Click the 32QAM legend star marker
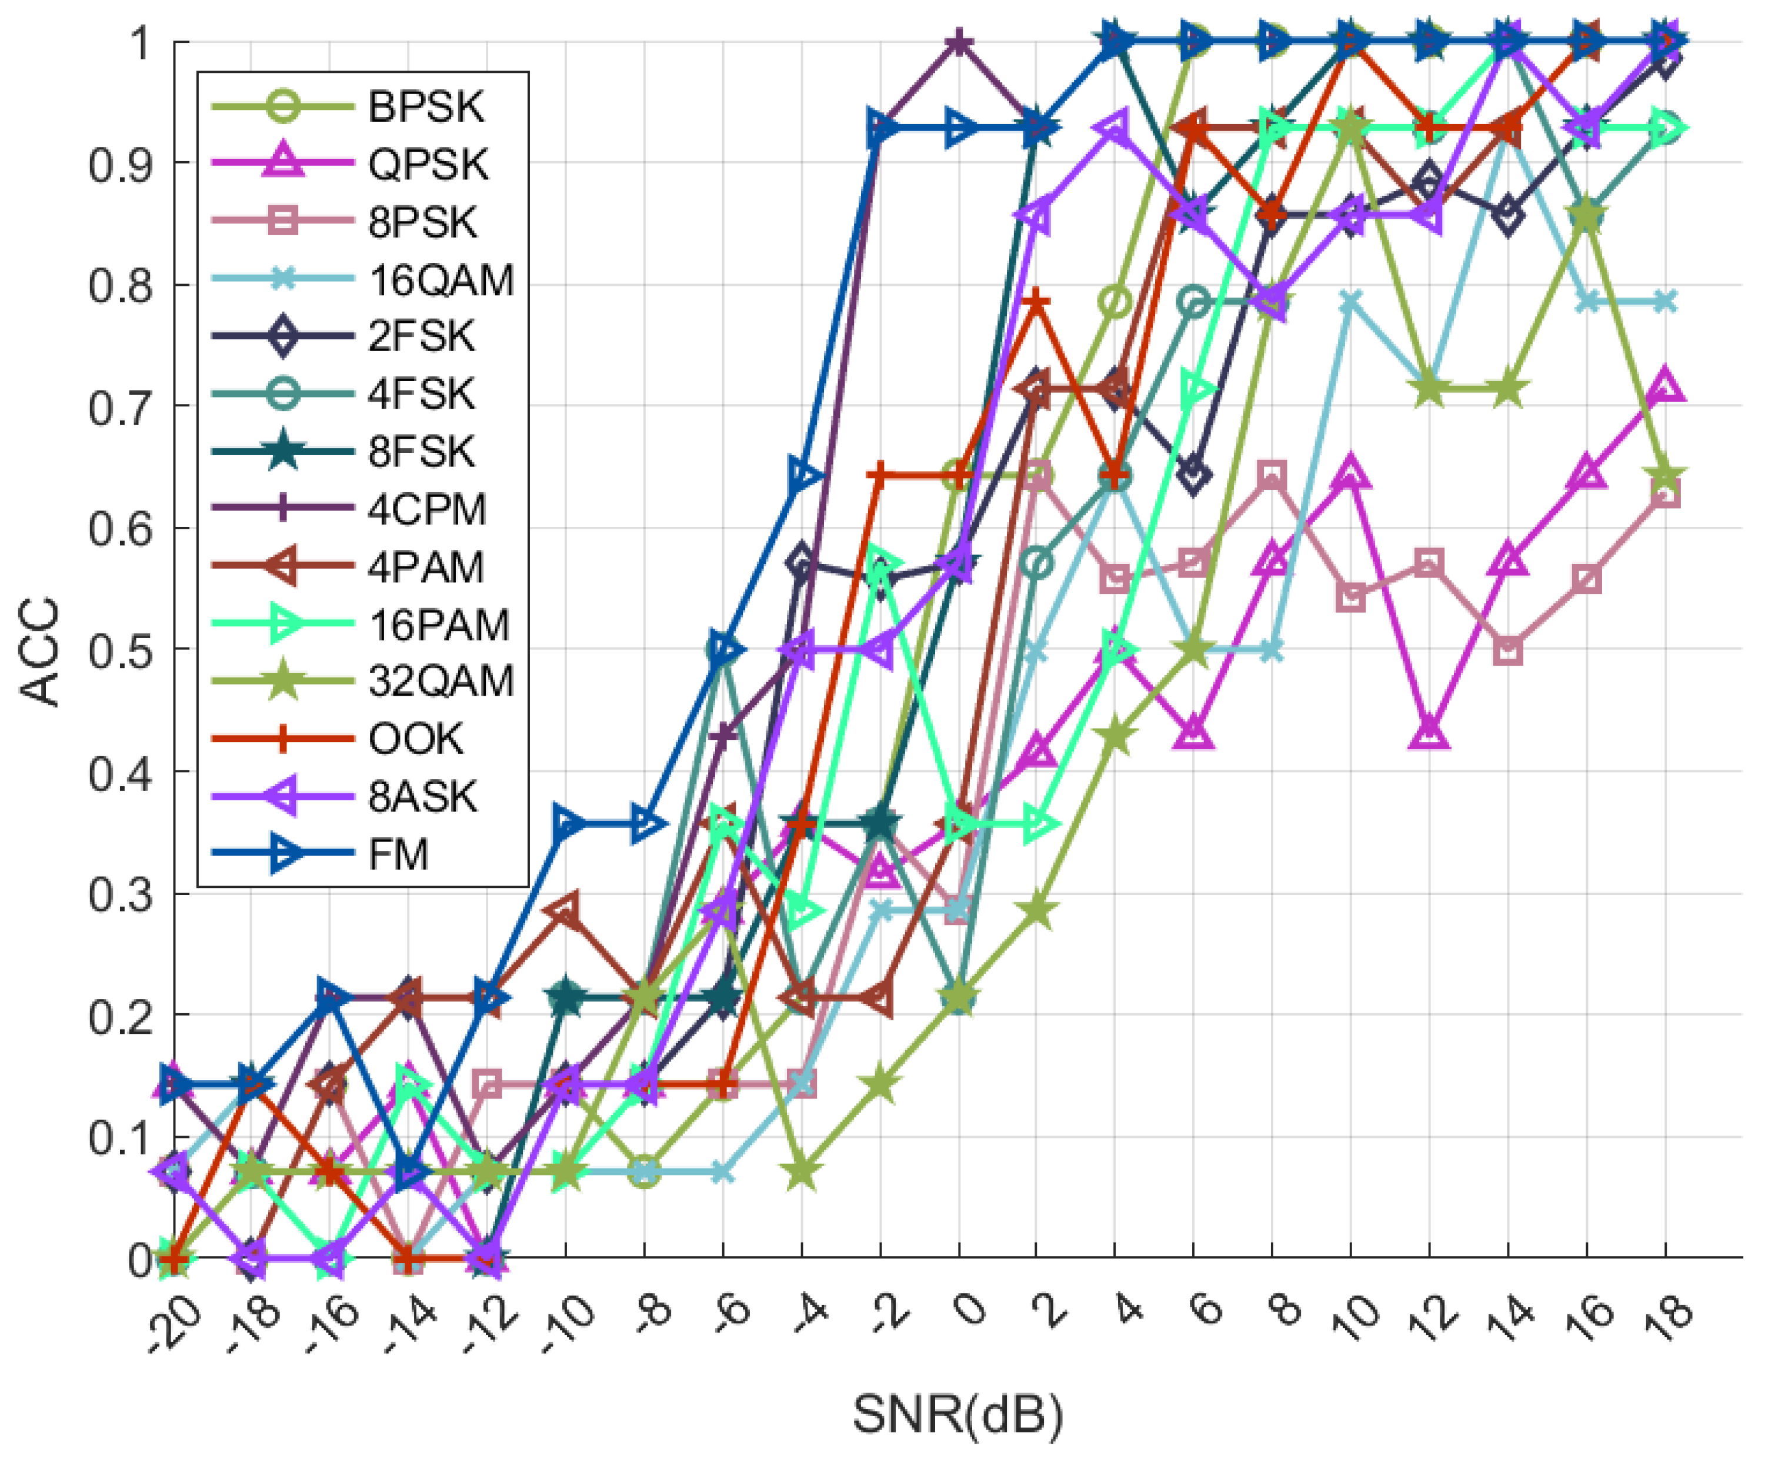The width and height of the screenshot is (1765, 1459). [284, 682]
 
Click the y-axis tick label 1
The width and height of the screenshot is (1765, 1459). [139, 42]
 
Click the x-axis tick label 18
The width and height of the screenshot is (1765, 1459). [1666, 1313]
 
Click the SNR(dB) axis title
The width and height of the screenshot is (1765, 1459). [958, 1414]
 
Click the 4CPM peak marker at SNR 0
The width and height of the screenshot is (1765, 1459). [959, 41]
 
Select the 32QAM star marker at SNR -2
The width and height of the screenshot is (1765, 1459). [880, 1085]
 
